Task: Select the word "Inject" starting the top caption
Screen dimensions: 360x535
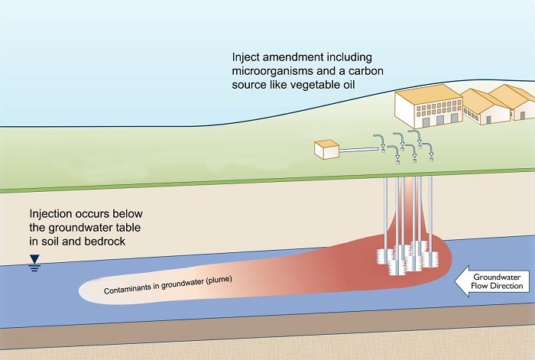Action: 248,57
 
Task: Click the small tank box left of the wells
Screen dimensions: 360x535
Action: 329,150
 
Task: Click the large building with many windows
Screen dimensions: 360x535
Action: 426,108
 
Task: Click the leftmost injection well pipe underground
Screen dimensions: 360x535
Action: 386,214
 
